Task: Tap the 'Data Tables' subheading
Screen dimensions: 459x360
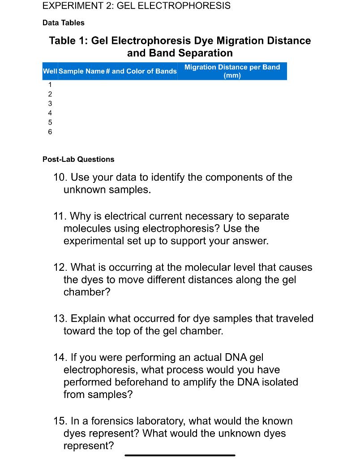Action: coord(63,22)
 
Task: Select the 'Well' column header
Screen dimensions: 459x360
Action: coord(50,71)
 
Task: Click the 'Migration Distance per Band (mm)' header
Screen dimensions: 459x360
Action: coord(232,71)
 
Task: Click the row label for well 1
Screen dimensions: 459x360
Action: coord(50,85)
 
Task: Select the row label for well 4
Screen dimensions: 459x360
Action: coord(50,113)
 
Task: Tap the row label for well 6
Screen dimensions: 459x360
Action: coord(50,132)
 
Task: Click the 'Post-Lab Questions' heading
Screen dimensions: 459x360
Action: coord(78,159)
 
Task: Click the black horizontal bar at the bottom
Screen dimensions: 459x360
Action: coord(180,455)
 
